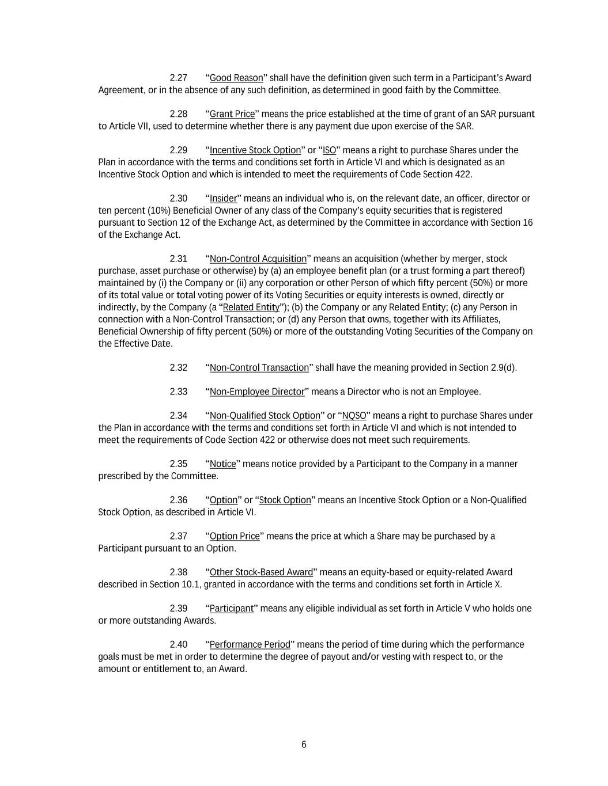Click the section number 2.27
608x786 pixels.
pyautogui.click(x=179, y=78)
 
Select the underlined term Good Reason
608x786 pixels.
pyautogui.click(x=236, y=78)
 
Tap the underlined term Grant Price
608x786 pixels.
pyautogui.click(x=232, y=114)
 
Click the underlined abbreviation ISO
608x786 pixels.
pyautogui.click(x=330, y=150)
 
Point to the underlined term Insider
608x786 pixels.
pyautogui.click(x=224, y=199)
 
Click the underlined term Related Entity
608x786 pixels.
pyautogui.click(x=251, y=307)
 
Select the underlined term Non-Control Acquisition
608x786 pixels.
pyautogui.click(x=258, y=259)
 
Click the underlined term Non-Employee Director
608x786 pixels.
pyautogui.click(x=257, y=392)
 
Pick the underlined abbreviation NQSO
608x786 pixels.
pyautogui.click(x=354, y=416)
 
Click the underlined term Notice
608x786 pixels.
pyautogui.click(x=223, y=464)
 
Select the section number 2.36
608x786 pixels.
pyautogui.click(x=179, y=500)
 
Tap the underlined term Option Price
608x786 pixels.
pyautogui.click(x=235, y=536)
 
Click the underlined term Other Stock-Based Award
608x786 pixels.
pyautogui.click(x=261, y=572)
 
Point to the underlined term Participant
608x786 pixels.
pyautogui.click(x=232, y=609)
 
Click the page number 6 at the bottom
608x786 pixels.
pyautogui.click(x=304, y=745)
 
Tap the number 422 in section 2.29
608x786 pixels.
pyautogui.click(x=463, y=174)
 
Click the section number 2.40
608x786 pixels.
pyautogui.click(x=179, y=644)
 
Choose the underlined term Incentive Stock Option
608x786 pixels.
pyautogui.click(x=255, y=150)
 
